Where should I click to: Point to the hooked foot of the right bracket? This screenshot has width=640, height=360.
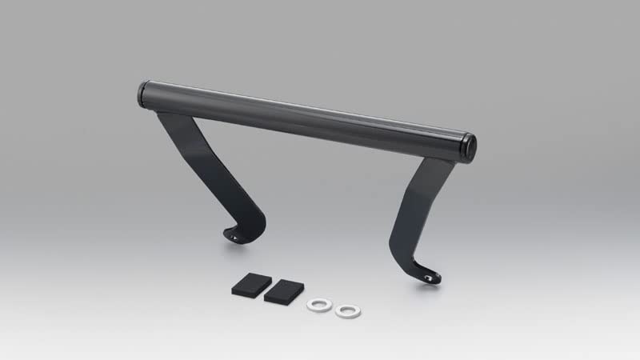pos(428,274)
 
